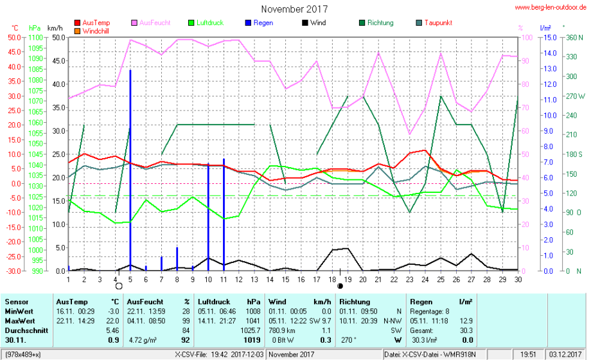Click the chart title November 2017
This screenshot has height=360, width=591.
click(295, 9)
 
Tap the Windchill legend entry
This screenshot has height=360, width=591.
click(96, 30)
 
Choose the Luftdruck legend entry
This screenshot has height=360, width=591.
click(209, 22)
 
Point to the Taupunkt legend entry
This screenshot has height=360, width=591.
click(439, 22)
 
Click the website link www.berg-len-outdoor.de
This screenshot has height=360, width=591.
click(551, 7)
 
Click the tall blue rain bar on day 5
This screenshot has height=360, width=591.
click(130, 167)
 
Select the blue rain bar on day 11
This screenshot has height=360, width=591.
click(224, 212)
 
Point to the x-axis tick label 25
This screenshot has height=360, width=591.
click(440, 278)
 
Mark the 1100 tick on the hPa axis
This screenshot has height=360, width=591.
click(35, 37)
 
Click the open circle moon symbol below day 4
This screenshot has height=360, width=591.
click(119, 286)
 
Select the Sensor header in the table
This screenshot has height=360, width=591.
click(17, 301)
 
